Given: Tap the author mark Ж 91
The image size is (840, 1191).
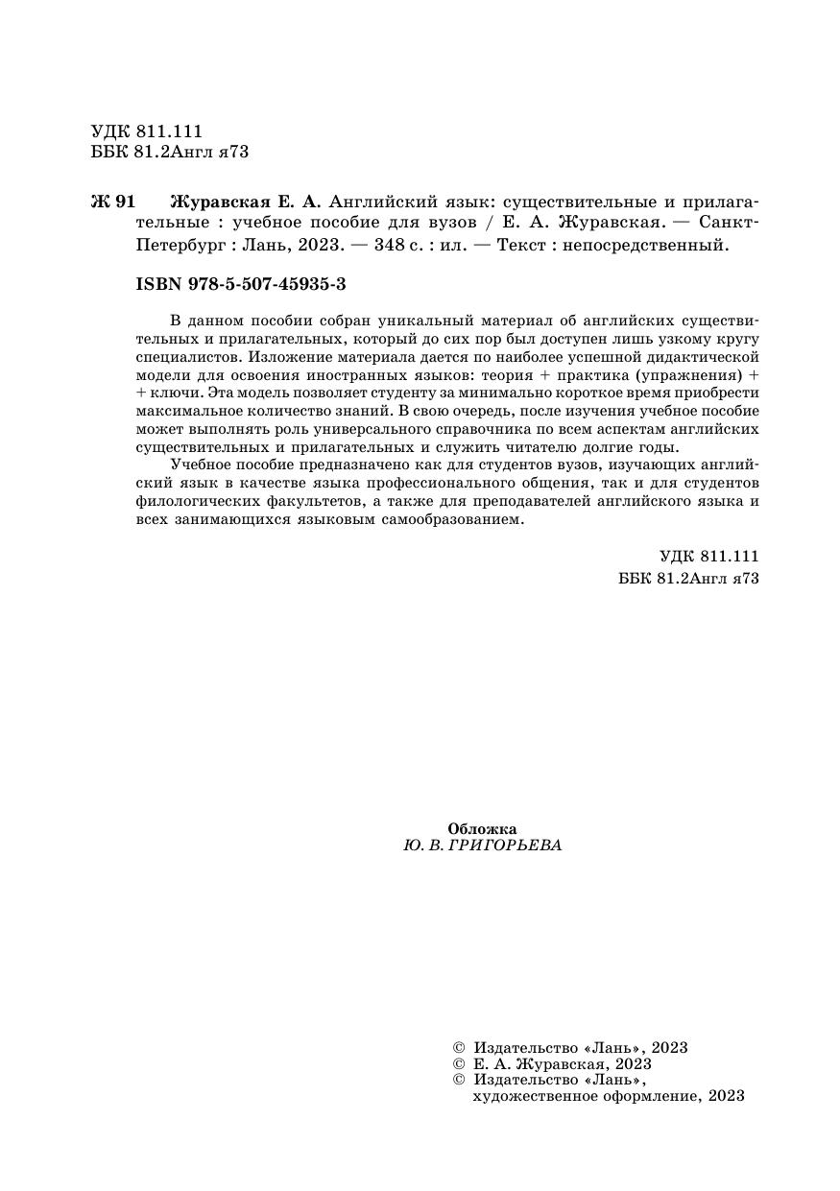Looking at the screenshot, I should click(113, 202).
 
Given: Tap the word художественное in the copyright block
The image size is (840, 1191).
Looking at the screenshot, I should click(529, 1096).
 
